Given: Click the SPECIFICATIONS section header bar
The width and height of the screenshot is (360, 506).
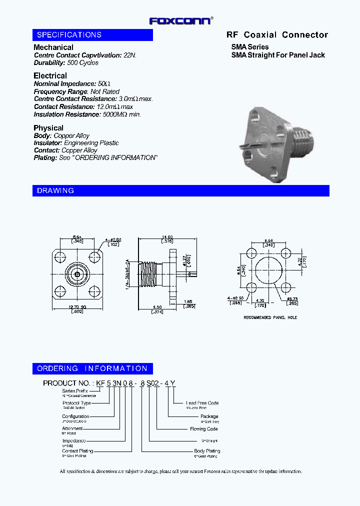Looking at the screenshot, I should [92, 35].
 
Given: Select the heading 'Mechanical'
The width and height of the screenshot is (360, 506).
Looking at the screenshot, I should [53, 47].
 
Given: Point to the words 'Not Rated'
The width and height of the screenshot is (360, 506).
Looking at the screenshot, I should [105, 91].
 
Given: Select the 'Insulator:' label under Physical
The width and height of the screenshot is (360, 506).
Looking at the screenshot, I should [48, 143].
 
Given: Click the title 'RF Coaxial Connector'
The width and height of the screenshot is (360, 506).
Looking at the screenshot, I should [277, 35].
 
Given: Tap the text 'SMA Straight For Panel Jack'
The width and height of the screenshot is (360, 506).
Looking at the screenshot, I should [278, 55].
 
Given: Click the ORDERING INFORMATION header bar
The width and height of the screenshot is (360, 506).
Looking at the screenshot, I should [92, 368].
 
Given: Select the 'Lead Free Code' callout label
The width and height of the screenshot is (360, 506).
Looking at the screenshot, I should [202, 403].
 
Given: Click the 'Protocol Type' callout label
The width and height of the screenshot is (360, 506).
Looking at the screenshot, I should [76, 403].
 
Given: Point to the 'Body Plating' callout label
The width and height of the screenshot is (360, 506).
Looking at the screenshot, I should [207, 451].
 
